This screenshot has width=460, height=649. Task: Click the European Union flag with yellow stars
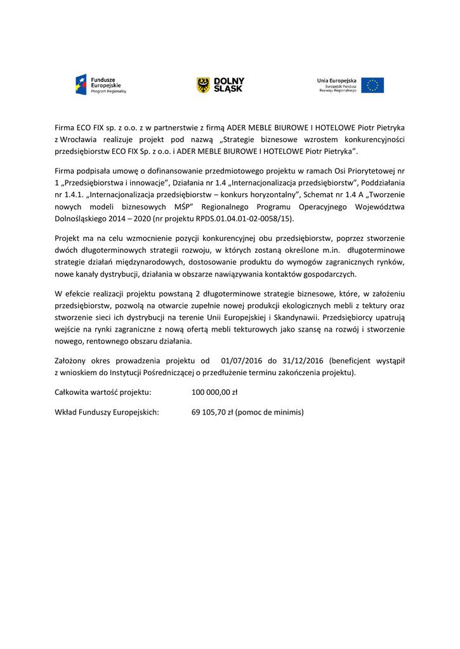point(372,85)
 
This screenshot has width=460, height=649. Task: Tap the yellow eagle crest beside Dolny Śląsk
point(203,85)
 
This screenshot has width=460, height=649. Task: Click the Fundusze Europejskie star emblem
point(81,85)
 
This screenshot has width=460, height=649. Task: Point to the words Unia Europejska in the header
point(337,80)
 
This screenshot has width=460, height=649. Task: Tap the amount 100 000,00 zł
point(214,393)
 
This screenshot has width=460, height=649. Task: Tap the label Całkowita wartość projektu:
point(103,393)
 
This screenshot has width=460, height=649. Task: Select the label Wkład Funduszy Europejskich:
point(107,413)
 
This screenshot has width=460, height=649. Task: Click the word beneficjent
point(352,361)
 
